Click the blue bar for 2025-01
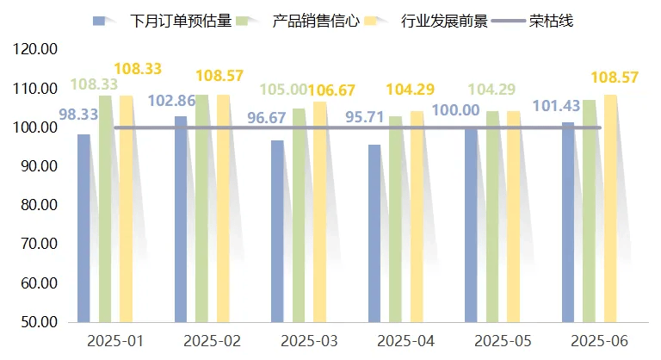[83, 228]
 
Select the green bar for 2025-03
[299, 215]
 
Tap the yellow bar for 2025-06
[610, 208]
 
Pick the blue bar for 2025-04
[374, 233]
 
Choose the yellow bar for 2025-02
[223, 208]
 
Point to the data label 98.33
[77, 113]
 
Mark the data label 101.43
[558, 107]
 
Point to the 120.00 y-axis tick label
[36, 50]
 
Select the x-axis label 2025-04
[405, 340]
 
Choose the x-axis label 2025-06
[599, 340]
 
